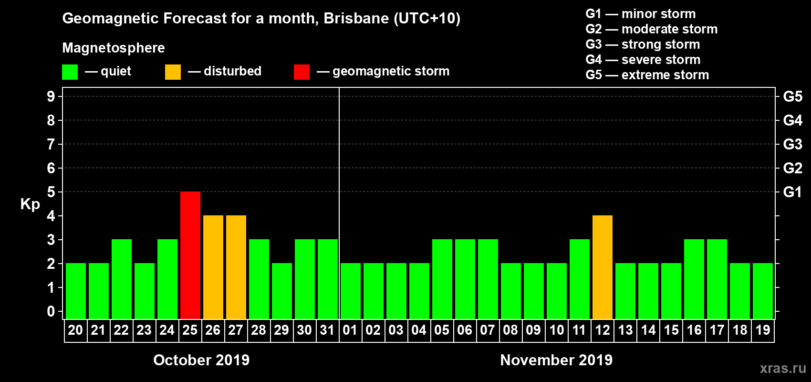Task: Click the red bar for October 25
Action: [x=190, y=255]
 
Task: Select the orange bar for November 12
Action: [x=603, y=267]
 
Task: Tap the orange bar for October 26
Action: [x=213, y=267]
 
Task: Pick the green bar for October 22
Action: [x=122, y=279]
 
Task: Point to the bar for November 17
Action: [x=717, y=279]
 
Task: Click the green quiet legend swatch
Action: [x=70, y=72]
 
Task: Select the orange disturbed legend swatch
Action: [x=173, y=72]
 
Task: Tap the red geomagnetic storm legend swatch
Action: [x=302, y=72]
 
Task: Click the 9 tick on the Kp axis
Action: [x=51, y=96]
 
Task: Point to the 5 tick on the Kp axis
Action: [x=51, y=192]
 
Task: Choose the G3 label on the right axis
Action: [x=792, y=144]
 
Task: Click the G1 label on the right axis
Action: [x=792, y=192]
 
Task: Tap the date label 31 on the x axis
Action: [x=327, y=330]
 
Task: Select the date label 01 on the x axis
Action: [x=350, y=330]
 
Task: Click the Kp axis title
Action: [x=30, y=204]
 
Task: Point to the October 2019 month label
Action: [x=201, y=360]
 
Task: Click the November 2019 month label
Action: [x=556, y=360]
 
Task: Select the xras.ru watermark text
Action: [x=783, y=368]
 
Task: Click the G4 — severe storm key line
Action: [x=643, y=60]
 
